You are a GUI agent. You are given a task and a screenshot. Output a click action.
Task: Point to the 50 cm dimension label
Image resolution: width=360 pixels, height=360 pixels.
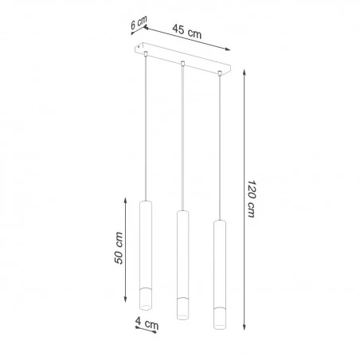[119, 249]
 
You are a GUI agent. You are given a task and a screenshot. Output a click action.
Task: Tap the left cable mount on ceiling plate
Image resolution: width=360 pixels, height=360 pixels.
[147, 55]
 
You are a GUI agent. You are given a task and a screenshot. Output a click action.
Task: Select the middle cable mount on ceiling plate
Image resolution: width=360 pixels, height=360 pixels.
[183, 64]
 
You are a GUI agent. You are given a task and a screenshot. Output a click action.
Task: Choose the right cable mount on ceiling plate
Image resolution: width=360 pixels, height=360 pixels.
[219, 72]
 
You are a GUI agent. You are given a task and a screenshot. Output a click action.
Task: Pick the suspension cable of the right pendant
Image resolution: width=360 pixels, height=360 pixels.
[219, 143]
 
